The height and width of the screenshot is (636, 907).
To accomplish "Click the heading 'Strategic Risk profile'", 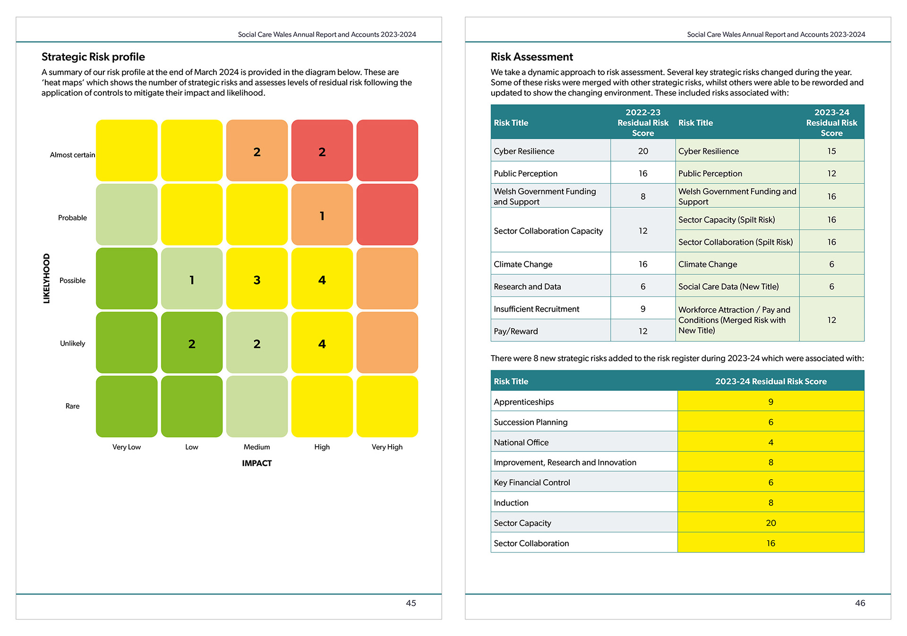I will pos(93,57).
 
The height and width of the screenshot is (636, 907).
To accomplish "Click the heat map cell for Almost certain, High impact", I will pos(322,151).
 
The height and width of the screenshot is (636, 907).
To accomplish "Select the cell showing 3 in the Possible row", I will pos(257,279).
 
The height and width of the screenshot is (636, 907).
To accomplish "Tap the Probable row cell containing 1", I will pos(322,215).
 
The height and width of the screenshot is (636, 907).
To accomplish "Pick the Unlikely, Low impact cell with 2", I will pos(192,343).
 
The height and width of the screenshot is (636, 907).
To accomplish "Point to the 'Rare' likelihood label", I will pos(72,406).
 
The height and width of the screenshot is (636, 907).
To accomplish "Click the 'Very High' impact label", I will pos(387,447).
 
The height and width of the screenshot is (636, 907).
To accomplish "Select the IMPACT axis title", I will pos(257,463).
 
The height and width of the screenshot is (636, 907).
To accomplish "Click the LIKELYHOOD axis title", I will pos(46,278).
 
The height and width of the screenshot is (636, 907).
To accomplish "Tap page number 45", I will pos(411,603).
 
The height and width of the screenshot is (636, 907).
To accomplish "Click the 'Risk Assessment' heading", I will pos(531,57).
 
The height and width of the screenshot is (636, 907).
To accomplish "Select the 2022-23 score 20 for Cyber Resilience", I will pos(642,151).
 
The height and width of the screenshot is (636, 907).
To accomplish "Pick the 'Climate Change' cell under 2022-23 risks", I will pos(523,264).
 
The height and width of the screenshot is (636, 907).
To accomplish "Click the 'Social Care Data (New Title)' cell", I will pos(728,287).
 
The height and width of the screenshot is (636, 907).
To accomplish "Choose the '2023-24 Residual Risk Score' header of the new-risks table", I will pos(770,382).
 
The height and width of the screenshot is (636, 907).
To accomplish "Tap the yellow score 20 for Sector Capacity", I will pos(770,523).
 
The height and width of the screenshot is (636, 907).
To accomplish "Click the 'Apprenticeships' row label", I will pos(523,402).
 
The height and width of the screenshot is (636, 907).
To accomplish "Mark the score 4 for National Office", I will pos(770,442).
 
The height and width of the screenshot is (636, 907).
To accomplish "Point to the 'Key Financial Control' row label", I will pos(531,483).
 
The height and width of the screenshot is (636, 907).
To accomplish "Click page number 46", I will pos(860,603).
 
